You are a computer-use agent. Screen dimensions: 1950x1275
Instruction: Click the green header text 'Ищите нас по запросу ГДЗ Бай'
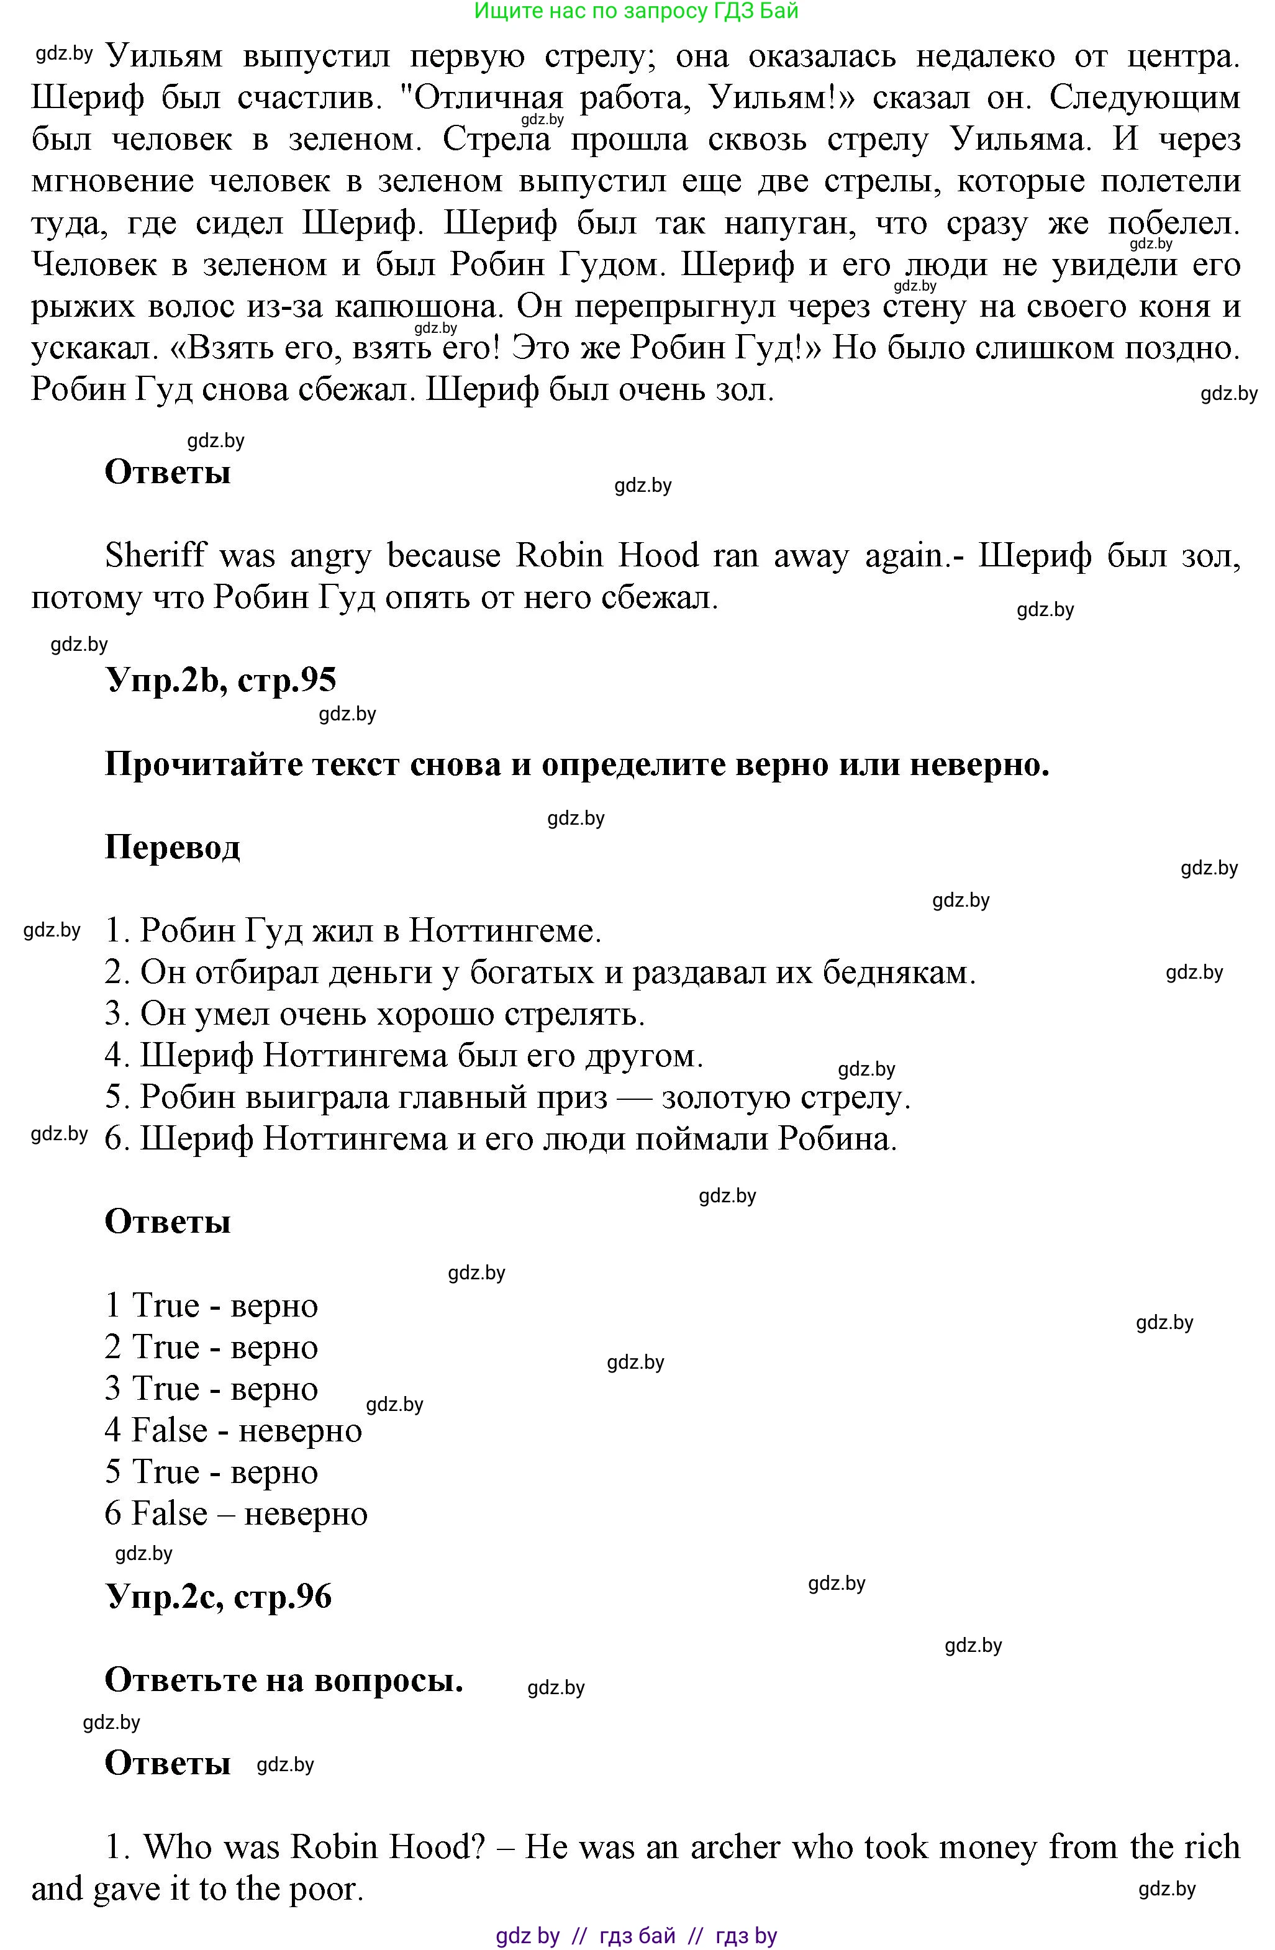tap(636, 11)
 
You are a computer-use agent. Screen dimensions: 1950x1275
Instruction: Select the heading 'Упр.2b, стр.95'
tap(220, 681)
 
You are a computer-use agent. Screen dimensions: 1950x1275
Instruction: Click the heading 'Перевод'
tap(172, 847)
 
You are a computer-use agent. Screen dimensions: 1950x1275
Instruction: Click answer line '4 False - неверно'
tap(233, 1431)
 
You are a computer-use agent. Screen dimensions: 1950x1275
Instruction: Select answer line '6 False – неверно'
tap(236, 1514)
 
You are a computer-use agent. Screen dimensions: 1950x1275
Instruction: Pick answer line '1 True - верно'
tap(211, 1305)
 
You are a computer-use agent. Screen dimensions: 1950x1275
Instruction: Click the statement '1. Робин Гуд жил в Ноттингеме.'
tap(353, 931)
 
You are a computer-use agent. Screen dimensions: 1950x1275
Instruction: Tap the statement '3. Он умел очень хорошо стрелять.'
tap(374, 1014)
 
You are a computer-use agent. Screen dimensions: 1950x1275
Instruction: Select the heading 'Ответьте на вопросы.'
tap(284, 1680)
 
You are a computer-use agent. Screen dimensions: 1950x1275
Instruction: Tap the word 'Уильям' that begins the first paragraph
tap(164, 57)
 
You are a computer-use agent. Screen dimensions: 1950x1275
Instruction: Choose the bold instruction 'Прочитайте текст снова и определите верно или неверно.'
tap(577, 764)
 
